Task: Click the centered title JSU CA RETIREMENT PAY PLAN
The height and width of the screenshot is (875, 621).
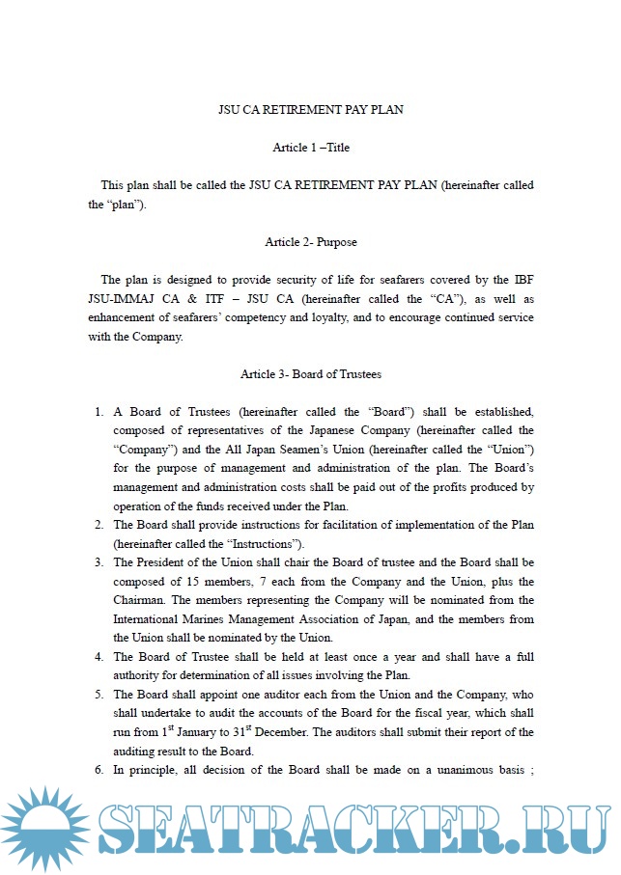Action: (x=310, y=110)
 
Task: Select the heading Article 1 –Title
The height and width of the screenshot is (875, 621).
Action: (x=310, y=148)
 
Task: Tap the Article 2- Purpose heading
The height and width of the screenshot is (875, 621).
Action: (x=310, y=242)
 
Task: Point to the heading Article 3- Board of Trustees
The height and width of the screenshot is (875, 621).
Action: (x=310, y=374)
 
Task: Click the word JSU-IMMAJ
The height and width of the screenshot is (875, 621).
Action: (x=118, y=299)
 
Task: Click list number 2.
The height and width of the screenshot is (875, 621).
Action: (x=99, y=525)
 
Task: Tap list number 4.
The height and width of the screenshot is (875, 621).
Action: (x=99, y=657)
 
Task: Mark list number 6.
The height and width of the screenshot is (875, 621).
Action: (x=99, y=770)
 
